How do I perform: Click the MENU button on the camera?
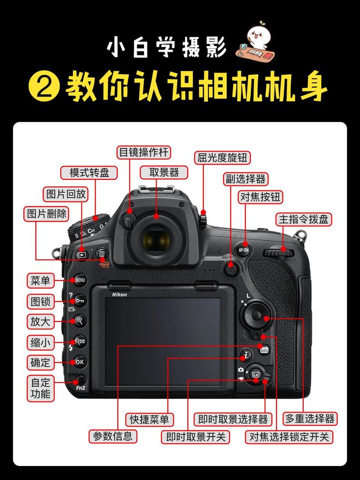[80, 280]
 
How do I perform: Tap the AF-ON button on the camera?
[243, 249]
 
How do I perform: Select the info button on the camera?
[264, 350]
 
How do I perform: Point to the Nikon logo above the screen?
[119, 295]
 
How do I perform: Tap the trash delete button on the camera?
[102, 254]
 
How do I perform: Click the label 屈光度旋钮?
[223, 158]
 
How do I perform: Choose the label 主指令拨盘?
[304, 219]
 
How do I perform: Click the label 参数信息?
[112, 435]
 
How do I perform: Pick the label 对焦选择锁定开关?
[289, 436]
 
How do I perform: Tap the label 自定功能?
[40, 388]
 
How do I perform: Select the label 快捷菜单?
[149, 419]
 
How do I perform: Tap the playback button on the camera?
[82, 254]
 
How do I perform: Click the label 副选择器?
[245, 179]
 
